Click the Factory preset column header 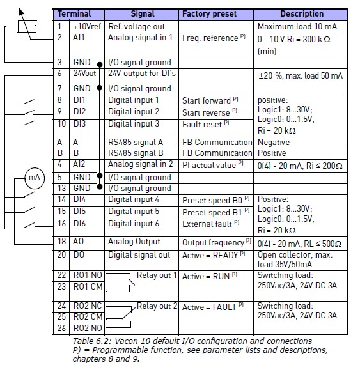pyautogui.click(x=209, y=14)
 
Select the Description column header pyautogui.click(x=302, y=14)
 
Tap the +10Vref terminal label pyautogui.click(x=87, y=26)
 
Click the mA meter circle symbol pyautogui.click(x=35, y=178)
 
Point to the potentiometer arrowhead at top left pyautogui.click(x=21, y=12)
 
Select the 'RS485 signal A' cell pyautogui.click(x=136, y=142)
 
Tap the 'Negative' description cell pyautogui.click(x=274, y=142)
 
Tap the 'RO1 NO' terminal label pyautogui.click(x=88, y=275)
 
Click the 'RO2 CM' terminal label pyautogui.click(x=88, y=317)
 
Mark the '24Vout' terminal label pyautogui.click(x=84, y=74)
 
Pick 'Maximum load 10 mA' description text pyautogui.click(x=297, y=26)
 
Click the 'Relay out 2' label pyautogui.click(x=157, y=306)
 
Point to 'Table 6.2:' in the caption pyautogui.click(x=92, y=341)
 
